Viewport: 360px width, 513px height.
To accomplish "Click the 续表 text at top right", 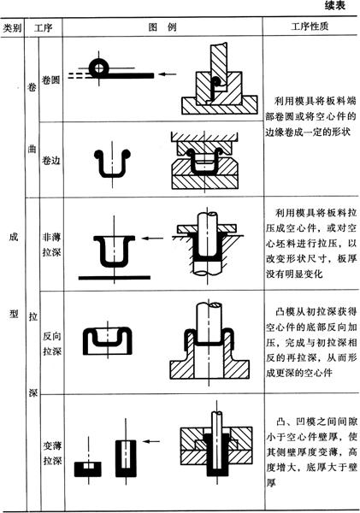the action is [x=335, y=5].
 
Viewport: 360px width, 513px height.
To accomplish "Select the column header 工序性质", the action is [x=310, y=27].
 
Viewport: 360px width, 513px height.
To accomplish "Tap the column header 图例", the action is [x=162, y=27].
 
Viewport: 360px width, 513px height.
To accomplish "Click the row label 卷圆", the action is [x=50, y=80].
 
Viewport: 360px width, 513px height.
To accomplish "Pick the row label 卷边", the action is [x=51, y=161].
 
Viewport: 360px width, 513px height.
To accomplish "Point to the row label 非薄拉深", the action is [x=51, y=245].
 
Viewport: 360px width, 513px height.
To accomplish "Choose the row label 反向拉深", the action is [x=52, y=344].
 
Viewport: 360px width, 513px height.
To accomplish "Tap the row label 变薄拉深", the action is [x=52, y=453].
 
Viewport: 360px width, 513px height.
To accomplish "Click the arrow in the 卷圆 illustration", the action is [x=168, y=74].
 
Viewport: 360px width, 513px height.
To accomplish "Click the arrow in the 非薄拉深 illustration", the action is [x=152, y=239].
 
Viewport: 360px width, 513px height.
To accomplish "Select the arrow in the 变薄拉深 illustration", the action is [x=151, y=441].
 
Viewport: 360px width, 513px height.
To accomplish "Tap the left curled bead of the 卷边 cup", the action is [x=98, y=154].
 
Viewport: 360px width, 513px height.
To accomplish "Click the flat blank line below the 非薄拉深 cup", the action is [x=115, y=278].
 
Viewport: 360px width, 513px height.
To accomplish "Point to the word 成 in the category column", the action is [x=14, y=237].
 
